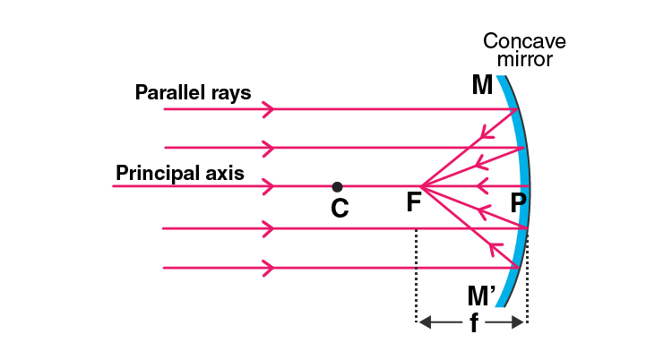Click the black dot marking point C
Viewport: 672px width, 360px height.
tap(337, 186)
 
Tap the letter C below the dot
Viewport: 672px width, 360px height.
tap(339, 210)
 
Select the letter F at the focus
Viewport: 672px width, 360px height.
tap(413, 203)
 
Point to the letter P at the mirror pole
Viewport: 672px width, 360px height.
tap(518, 203)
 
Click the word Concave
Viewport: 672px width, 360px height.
tap(524, 41)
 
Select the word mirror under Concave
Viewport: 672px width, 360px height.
tap(528, 59)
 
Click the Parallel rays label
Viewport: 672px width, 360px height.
tap(194, 91)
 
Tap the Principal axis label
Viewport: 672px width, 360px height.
tap(179, 172)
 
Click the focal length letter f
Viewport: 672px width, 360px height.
tap(473, 324)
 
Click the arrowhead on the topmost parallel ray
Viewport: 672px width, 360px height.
tap(267, 109)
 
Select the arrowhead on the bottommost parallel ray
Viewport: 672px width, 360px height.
tap(267, 267)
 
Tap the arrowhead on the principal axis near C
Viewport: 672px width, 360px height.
tap(267, 186)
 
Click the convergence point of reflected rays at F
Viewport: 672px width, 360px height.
tap(420, 186)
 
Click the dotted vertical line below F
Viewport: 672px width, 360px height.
tap(416, 273)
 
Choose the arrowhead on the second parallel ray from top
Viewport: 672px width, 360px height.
tap(267, 147)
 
